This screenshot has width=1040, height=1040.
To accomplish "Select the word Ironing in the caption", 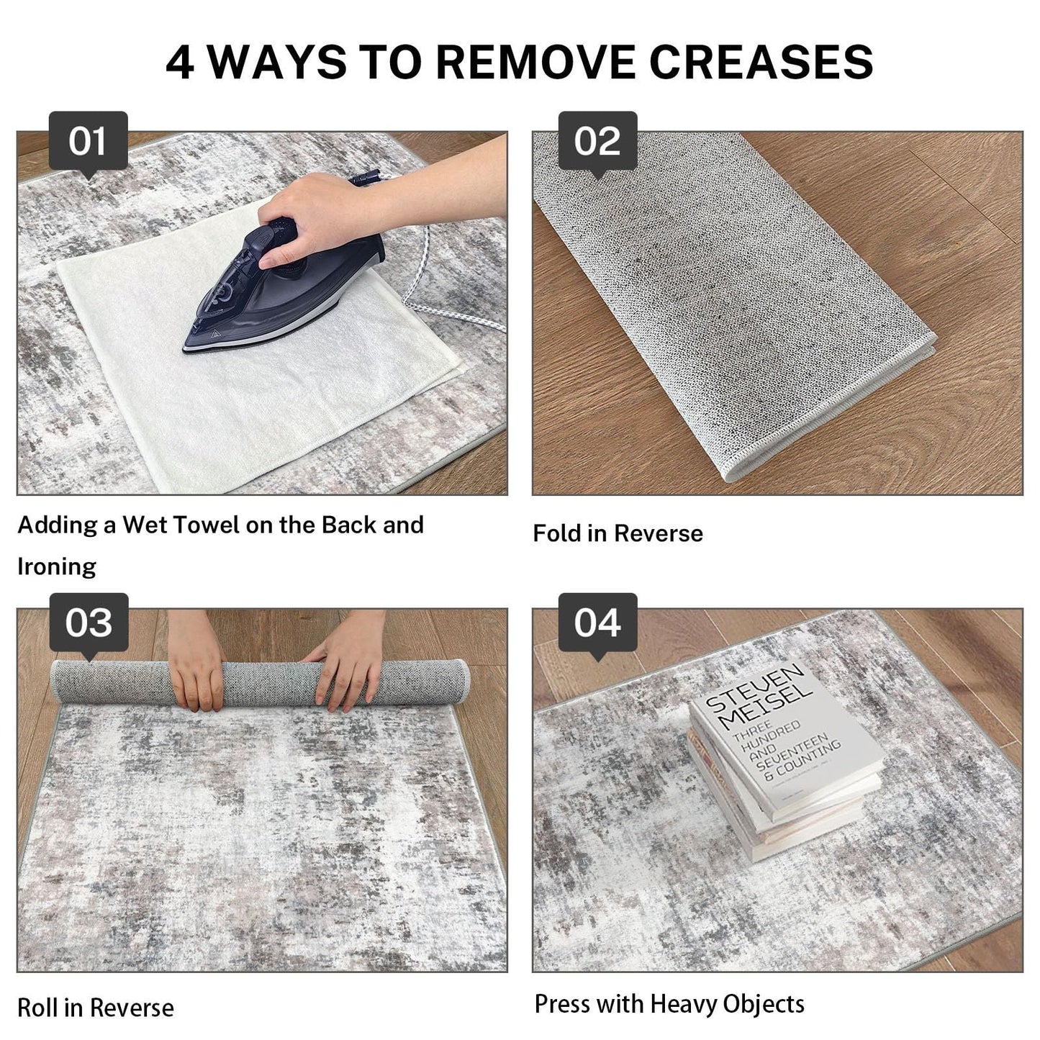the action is (x=57, y=566).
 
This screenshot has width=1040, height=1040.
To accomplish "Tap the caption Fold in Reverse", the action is (x=618, y=533).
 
